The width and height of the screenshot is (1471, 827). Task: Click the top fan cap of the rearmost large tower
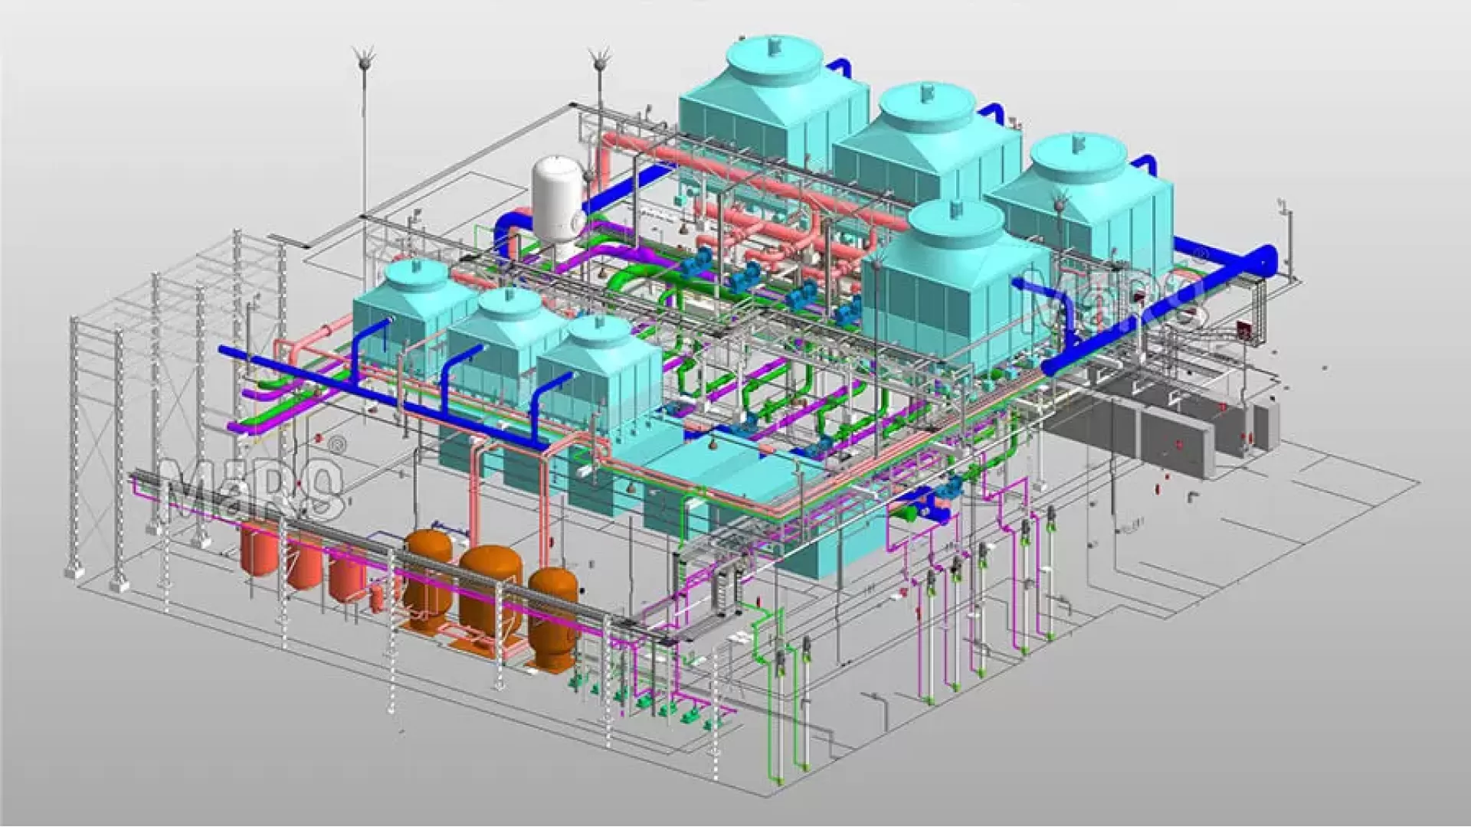pyautogui.click(x=774, y=46)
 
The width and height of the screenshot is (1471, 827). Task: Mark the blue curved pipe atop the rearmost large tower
pyautogui.click(x=839, y=69)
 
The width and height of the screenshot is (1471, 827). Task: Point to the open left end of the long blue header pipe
pyautogui.click(x=223, y=351)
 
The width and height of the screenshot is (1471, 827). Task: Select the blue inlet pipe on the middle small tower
pyautogui.click(x=460, y=360)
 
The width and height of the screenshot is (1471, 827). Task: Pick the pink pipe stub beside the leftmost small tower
pyautogui.click(x=322, y=333)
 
